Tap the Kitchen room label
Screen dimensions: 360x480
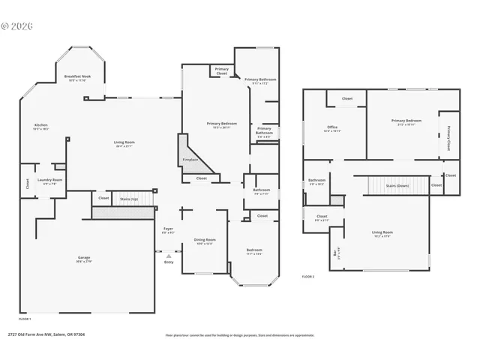pos(40,126)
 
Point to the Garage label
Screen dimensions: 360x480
pos(83,259)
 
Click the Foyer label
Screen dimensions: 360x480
pos(169,230)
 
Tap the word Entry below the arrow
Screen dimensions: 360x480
pos(169,262)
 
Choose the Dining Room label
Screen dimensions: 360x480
pos(204,241)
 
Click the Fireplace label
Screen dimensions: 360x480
pos(190,160)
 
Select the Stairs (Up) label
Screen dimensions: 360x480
pos(129,199)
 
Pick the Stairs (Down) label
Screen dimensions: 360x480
pos(397,184)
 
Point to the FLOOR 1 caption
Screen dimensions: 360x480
pos(25,319)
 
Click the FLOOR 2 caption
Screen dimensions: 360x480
pos(308,277)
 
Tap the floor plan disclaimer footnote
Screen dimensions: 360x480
pos(240,335)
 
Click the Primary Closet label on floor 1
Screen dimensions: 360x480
pos(221,72)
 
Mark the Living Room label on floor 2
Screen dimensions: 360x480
pos(382,233)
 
